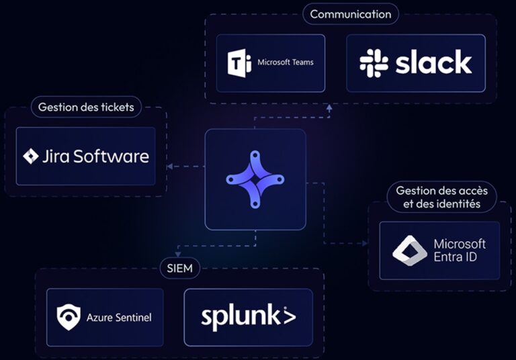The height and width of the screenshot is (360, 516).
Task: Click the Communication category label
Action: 350,14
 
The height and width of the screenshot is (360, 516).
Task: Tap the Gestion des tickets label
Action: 86,107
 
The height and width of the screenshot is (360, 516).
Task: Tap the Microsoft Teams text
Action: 286,62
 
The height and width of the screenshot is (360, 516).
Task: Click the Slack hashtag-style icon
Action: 374,63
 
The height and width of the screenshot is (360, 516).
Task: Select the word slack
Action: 433,63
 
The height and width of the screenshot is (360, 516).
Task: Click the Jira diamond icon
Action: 31,156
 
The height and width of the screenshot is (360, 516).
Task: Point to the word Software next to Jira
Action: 110,156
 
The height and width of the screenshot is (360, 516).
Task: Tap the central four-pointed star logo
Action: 255,179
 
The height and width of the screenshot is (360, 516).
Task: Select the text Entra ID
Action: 459,257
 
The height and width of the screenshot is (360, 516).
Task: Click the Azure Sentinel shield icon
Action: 69,317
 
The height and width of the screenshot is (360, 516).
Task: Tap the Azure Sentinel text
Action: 118,317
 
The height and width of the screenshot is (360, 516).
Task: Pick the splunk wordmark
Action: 248,316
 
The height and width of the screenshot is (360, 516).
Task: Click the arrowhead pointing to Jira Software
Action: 169,167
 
